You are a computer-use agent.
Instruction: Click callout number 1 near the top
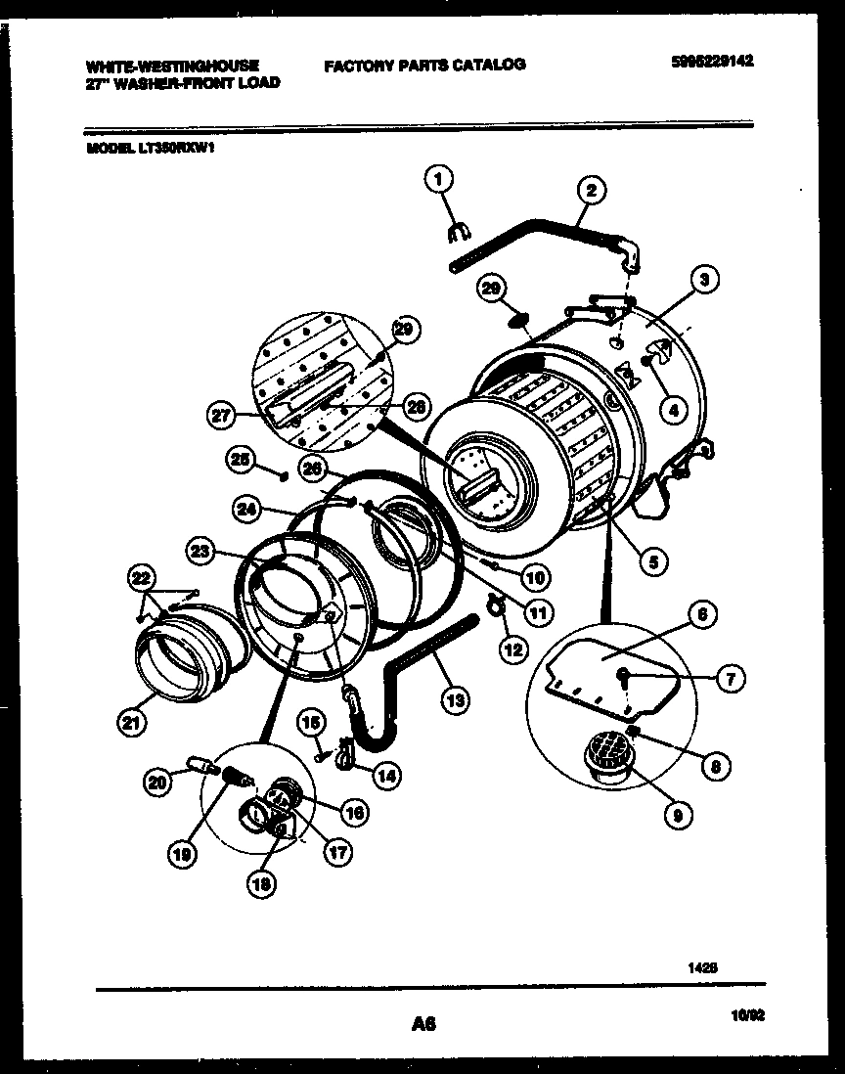(439, 179)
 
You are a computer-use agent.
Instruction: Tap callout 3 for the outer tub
(704, 279)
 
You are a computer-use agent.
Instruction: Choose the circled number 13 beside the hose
(455, 699)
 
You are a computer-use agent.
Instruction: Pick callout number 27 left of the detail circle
(222, 416)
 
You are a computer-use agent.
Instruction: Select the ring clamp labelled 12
(496, 612)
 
